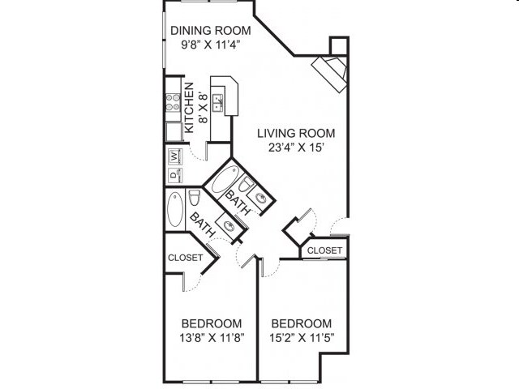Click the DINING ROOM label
210,31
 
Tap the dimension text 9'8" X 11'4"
210,47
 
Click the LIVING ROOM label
296,133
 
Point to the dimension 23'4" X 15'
296,149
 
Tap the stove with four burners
173,102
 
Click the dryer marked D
174,173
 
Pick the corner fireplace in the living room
331,71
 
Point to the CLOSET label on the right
325,250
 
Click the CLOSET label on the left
185,258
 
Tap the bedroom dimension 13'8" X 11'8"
212,336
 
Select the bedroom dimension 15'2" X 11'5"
302,336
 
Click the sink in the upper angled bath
262,197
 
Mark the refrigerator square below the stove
173,130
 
